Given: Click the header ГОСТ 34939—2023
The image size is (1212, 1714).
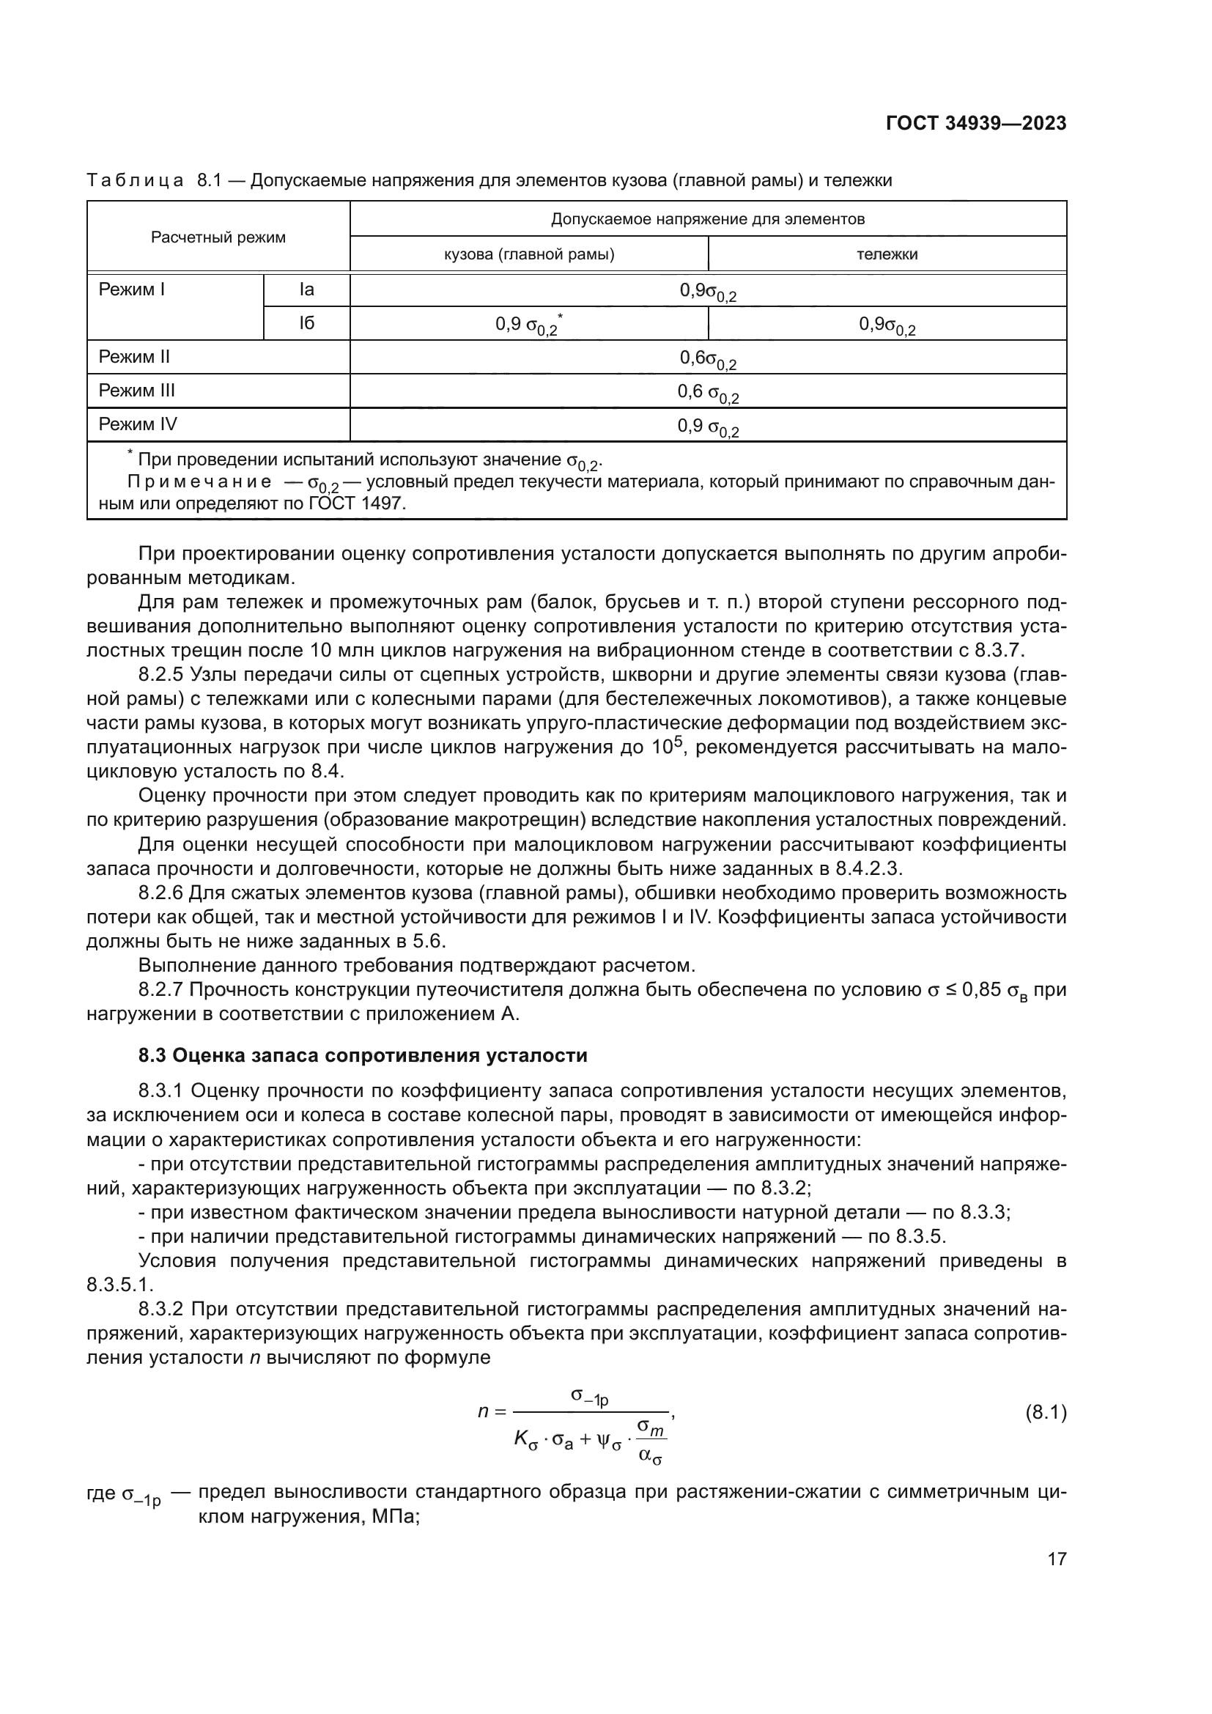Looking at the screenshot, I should pyautogui.click(x=975, y=124).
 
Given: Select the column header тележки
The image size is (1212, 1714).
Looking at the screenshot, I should pyautogui.click(x=887, y=254).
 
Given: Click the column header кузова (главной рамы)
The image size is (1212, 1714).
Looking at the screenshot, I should pyautogui.click(x=529, y=254).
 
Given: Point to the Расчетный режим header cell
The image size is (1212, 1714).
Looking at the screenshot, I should pyautogui.click(x=218, y=237).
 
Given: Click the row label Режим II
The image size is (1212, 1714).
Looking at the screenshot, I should pyautogui.click(x=134, y=357).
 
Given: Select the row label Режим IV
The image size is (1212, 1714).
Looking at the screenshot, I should pyautogui.click(x=138, y=425).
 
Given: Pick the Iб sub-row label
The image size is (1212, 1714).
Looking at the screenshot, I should pyautogui.click(x=307, y=324).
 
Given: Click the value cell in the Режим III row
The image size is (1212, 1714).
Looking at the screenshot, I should pyautogui.click(x=708, y=392).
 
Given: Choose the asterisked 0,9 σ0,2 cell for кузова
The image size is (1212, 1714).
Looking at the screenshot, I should pyautogui.click(x=528, y=325).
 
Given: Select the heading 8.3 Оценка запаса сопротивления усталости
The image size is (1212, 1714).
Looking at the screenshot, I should pyautogui.click(x=363, y=1054).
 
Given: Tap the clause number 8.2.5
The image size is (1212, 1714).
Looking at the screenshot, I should pyautogui.click(x=160, y=676).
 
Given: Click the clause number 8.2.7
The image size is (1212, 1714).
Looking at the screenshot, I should pyautogui.click(x=160, y=990).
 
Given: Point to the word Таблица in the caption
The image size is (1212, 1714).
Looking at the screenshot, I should pyautogui.click(x=135, y=181).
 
